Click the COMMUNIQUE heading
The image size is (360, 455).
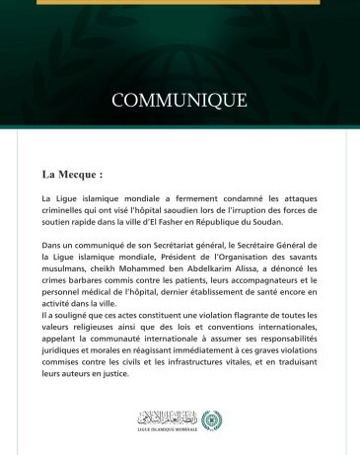(x=180, y=101)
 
